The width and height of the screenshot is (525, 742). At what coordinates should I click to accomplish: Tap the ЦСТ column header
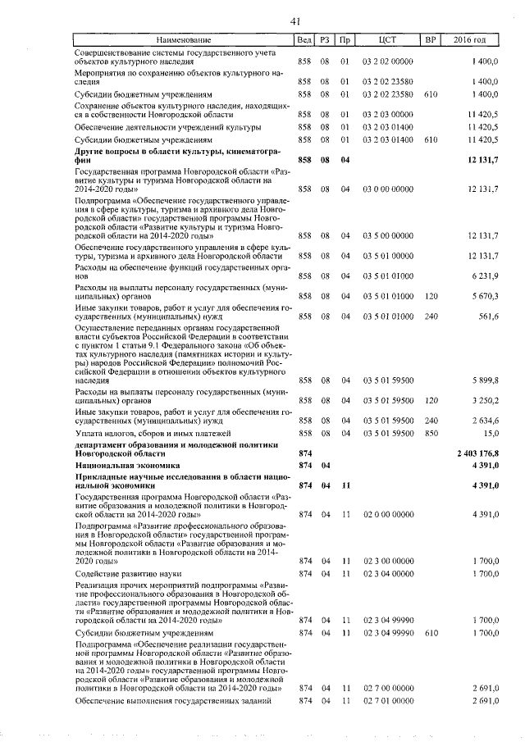pos(389,40)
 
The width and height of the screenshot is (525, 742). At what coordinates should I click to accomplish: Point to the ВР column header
pos(429,40)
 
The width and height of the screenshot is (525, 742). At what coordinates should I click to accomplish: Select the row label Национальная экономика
pos(122,465)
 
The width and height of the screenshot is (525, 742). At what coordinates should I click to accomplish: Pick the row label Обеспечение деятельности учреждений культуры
pos(167,127)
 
